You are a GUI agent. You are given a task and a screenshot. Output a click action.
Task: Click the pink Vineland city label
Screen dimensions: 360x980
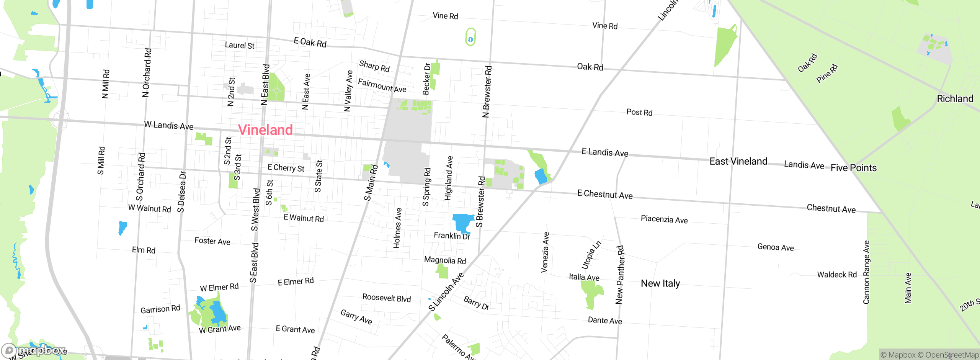[265, 130]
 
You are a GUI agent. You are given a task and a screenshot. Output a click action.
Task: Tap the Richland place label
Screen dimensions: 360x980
[955, 99]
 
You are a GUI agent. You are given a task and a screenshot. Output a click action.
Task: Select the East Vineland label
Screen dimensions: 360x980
[738, 161]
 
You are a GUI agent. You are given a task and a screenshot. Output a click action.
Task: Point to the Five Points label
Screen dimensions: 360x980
[853, 168]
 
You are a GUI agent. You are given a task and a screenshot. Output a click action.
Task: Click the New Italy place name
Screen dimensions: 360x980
[660, 283]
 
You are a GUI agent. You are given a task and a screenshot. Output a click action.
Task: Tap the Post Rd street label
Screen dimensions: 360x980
[639, 112]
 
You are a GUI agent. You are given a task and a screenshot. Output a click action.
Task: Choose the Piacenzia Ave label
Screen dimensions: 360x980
[664, 219]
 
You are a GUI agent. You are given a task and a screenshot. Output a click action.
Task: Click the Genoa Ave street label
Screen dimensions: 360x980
[775, 247]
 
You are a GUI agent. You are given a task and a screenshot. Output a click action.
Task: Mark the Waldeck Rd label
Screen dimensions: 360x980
[836, 275]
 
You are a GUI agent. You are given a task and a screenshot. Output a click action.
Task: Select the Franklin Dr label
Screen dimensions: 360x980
[451, 236]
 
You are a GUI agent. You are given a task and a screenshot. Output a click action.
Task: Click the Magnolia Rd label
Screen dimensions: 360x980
[444, 260]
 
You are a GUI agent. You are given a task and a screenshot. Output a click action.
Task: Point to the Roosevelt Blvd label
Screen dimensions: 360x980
[386, 298]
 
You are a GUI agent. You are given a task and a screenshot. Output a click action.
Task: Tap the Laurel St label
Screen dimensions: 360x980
[239, 45]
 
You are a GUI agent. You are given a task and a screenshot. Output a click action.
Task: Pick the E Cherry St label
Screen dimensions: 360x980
[286, 168]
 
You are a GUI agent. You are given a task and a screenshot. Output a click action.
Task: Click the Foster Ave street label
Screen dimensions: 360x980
[212, 241]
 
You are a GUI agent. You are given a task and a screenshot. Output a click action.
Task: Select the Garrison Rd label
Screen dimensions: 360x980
[160, 309]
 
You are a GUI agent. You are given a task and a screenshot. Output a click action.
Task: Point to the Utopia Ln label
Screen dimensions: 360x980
[591, 255]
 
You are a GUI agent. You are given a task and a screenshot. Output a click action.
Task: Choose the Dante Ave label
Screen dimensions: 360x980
[604, 321]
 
